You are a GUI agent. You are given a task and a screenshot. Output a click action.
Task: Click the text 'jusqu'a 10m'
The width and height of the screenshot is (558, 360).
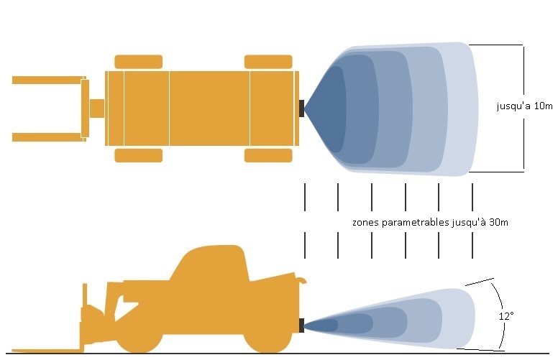click(524, 106)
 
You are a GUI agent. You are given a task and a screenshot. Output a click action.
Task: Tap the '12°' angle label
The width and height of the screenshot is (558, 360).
click(506, 315)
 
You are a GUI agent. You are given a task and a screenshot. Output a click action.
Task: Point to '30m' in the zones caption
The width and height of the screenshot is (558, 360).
click(498, 222)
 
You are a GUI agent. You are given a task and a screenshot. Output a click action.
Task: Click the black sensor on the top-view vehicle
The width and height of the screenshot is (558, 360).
click(301, 108)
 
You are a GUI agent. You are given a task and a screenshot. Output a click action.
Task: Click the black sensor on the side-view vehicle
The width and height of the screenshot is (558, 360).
click(301, 326)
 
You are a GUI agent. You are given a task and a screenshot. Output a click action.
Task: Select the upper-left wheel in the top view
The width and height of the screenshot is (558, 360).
click(139, 62)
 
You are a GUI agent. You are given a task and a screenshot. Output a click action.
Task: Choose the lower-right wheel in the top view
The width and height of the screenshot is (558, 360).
click(268, 155)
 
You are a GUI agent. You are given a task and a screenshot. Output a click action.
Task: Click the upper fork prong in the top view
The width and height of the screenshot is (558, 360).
click(49, 80)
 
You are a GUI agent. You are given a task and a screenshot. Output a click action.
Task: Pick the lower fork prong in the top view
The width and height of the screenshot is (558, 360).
click(49, 137)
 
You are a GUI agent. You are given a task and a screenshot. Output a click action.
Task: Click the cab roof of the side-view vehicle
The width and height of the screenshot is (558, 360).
click(213, 247)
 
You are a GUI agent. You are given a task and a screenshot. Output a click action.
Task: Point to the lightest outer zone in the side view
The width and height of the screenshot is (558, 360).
click(459, 318)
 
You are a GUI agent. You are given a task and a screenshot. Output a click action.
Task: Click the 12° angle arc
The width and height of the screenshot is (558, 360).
click(502, 313)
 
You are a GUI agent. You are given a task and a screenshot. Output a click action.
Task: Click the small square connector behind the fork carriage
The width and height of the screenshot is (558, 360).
click(97, 109)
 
